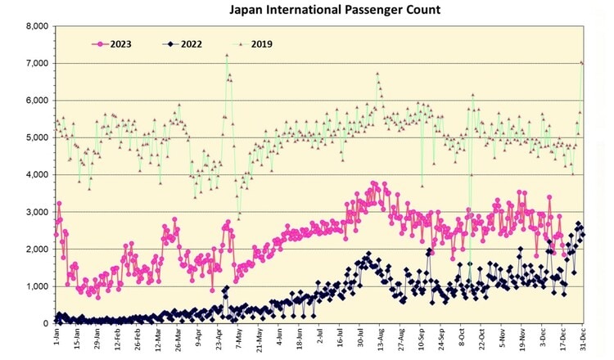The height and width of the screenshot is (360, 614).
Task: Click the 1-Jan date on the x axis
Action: pyautogui.click(x=55, y=337)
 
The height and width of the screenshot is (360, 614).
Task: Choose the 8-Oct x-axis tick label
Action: pyautogui.click(x=460, y=337)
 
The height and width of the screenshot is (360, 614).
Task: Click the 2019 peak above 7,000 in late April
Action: pyautogui.click(x=226, y=55)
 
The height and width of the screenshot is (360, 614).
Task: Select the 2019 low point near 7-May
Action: pyautogui.click(x=239, y=217)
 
